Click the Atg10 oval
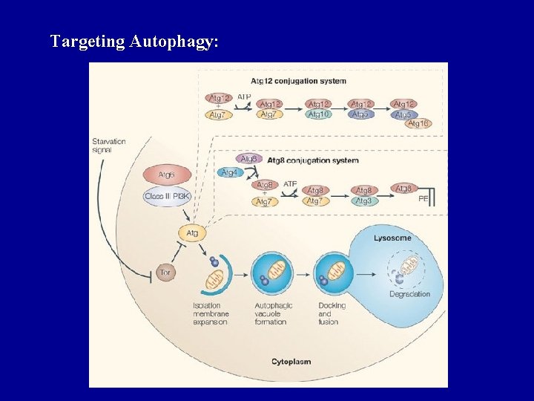point(319,114)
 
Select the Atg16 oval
point(419,123)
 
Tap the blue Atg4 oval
point(231,172)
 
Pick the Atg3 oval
point(364,201)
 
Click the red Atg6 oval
point(167,175)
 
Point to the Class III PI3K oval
point(167,196)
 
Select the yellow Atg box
point(192,233)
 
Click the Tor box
point(165,273)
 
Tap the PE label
point(423,199)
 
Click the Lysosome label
point(392,238)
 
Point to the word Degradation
point(409,294)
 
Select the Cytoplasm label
point(291,362)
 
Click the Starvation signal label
point(108,146)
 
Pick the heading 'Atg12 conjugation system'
point(298,81)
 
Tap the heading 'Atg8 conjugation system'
point(313,160)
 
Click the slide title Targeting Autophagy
point(134,42)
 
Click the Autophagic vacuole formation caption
point(274,313)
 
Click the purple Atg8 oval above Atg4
point(249,158)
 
